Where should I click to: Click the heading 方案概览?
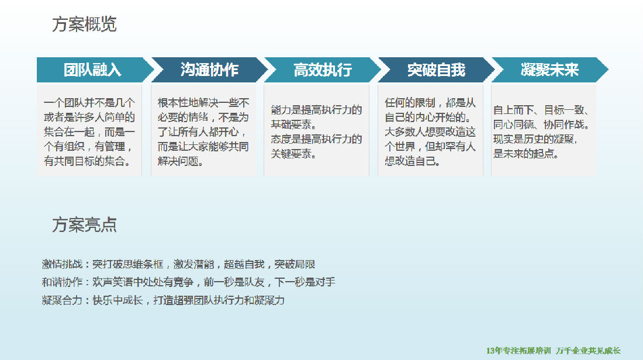85,24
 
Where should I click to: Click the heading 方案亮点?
85,224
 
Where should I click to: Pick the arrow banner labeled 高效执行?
323,70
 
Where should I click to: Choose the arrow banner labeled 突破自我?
436,70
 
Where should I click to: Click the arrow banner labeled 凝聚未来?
549,70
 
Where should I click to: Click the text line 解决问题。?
181,161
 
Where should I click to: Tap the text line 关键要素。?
293,154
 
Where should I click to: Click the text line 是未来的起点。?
526,154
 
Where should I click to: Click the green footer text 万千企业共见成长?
588,351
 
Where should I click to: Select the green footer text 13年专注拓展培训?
518,351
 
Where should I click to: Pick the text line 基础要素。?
293,124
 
